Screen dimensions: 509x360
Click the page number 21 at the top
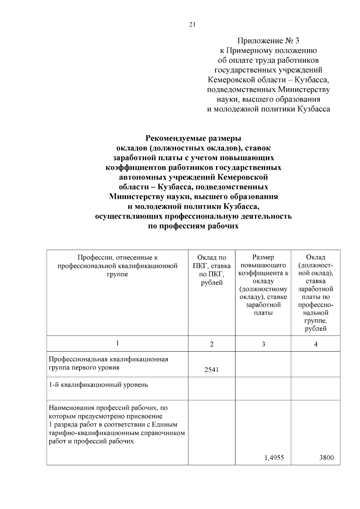coord(192,25)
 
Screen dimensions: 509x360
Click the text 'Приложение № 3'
coord(268,40)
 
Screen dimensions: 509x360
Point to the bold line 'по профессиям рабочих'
coord(193,226)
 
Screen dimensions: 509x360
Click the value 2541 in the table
coord(211,370)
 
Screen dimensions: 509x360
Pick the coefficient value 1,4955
coord(274,458)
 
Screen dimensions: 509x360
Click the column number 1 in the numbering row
coord(117,343)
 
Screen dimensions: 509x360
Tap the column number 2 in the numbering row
coord(211,344)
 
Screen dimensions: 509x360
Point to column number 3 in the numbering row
coord(263,344)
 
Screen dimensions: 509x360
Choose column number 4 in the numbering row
coord(316,344)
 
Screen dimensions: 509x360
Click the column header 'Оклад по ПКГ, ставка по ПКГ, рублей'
coord(211,270)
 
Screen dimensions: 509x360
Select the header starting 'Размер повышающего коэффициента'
coord(263,285)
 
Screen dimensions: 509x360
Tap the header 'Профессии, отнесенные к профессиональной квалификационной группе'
coord(117,265)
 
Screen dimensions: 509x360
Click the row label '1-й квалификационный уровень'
coord(99,385)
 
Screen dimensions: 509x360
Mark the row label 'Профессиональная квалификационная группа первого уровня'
coord(108,363)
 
